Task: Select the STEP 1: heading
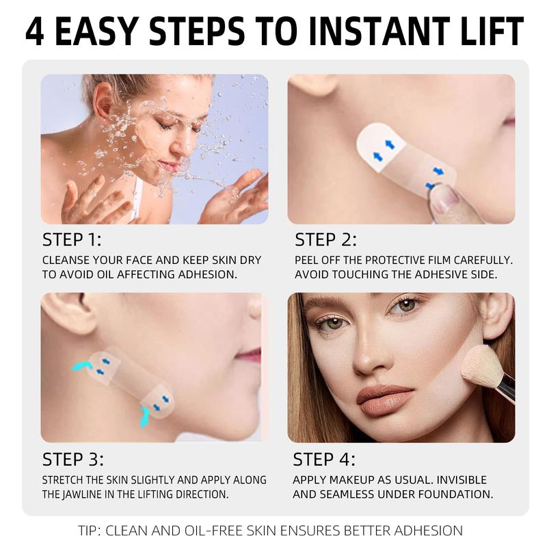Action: click(72, 240)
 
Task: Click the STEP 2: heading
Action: click(325, 240)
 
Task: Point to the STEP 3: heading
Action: click(72, 459)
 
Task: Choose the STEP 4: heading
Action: click(324, 459)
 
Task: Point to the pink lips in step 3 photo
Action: click(251, 355)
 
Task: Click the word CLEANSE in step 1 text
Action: click(66, 261)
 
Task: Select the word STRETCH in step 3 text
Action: click(66, 480)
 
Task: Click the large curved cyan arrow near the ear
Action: click(84, 367)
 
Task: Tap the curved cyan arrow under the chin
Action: click(144, 415)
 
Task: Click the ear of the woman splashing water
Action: click(103, 101)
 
